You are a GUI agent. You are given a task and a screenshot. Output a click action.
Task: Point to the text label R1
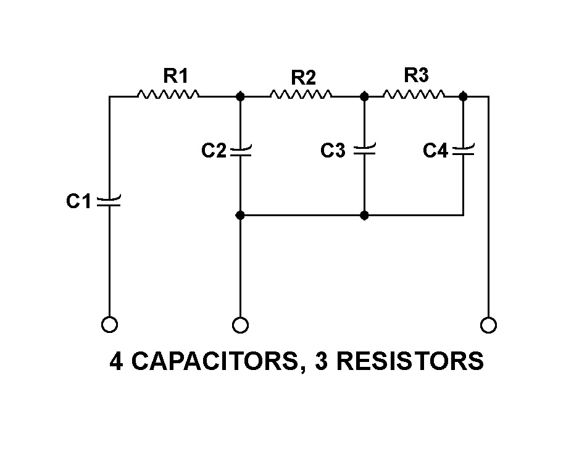coord(175,76)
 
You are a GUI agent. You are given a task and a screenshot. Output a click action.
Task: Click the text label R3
coord(416,75)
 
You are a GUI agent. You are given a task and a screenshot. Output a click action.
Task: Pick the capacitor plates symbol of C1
coord(109,201)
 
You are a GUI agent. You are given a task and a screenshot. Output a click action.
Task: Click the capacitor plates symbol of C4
coord(464,150)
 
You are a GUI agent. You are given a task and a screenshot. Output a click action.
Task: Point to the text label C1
coord(79,201)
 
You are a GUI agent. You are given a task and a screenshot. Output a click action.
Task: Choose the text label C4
coord(435,151)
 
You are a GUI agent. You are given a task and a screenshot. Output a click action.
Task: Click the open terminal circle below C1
coord(109,324)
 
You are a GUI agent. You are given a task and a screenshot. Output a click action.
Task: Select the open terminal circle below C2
coord(241,324)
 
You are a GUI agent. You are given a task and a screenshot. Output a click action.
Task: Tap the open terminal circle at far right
coord(488,324)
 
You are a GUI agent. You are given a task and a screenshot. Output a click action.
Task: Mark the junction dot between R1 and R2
coord(241,96)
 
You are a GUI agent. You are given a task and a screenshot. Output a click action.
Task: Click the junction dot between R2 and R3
coord(364,96)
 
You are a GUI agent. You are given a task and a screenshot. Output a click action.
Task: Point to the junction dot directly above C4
coord(464,96)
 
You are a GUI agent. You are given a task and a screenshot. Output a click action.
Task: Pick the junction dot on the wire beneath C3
coord(364,216)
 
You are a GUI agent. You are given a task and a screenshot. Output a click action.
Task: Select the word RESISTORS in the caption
coord(410,361)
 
